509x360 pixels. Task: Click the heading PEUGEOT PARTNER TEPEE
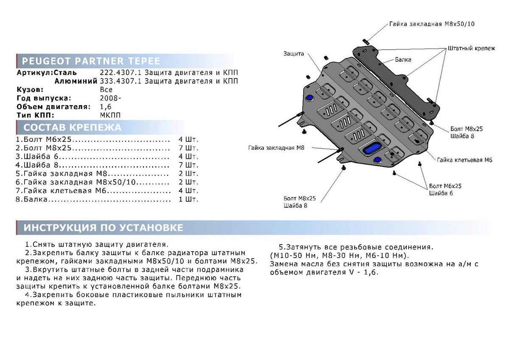click(91, 60)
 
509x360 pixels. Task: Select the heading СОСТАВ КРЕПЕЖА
click(72, 127)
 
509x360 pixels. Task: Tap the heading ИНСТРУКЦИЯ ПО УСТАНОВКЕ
click(103, 228)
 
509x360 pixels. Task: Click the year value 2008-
click(110, 98)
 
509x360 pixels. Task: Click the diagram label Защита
click(294, 54)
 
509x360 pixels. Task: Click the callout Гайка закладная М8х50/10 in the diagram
click(432, 24)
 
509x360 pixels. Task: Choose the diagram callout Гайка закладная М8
click(280, 148)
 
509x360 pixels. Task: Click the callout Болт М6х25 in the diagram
click(445, 186)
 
